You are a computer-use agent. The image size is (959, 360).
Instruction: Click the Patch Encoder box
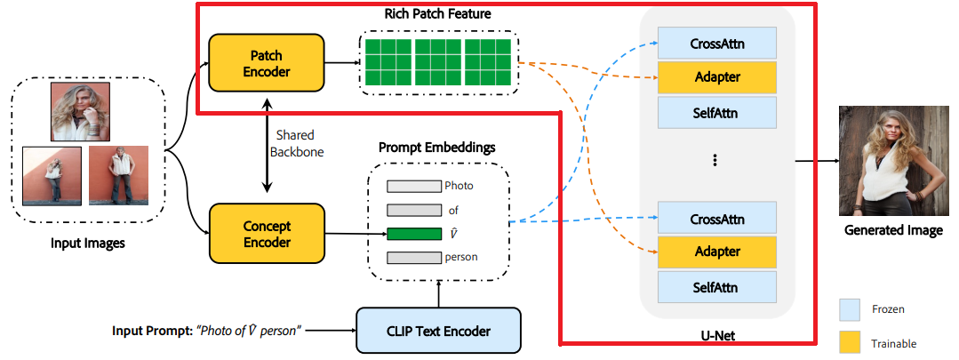click(266, 63)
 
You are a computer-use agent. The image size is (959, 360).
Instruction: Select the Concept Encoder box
click(267, 234)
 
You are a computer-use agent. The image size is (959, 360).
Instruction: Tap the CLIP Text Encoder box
click(438, 331)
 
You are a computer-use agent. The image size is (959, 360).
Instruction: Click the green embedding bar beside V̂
click(413, 234)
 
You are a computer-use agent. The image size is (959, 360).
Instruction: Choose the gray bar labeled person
click(413, 257)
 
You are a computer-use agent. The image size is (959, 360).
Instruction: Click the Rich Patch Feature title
click(437, 13)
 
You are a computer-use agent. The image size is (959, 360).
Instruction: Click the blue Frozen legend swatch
click(850, 310)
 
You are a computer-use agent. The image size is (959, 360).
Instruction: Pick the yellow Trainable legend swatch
click(850, 343)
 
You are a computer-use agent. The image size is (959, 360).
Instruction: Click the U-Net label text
click(716, 335)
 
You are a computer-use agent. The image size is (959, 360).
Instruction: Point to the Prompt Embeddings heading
click(436, 148)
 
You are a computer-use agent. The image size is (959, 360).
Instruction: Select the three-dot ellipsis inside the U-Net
click(715, 161)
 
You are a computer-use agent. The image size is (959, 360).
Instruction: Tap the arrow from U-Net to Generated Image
click(817, 161)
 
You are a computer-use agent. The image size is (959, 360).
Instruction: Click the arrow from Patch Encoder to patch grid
click(342, 62)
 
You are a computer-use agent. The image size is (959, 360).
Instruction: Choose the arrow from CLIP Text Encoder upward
click(438, 293)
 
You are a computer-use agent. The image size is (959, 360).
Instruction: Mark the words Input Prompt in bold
click(152, 332)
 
